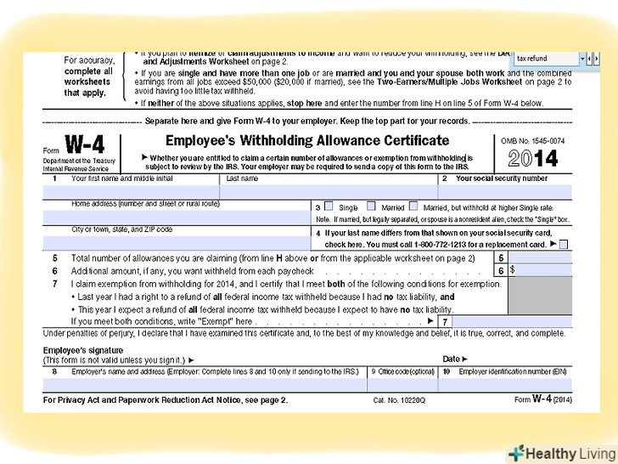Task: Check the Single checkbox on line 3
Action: tap(328, 207)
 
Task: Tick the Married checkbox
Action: tap(371, 207)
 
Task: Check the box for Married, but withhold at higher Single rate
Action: tap(413, 207)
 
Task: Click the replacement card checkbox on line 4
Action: tap(564, 244)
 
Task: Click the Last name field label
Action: tap(241, 179)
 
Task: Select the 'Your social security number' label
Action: tap(501, 179)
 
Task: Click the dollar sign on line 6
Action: tap(513, 269)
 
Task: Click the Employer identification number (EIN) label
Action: tap(502, 371)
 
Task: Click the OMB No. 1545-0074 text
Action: tap(532, 140)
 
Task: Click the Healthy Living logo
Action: tap(560, 453)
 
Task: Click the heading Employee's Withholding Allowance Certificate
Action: tap(306, 140)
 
